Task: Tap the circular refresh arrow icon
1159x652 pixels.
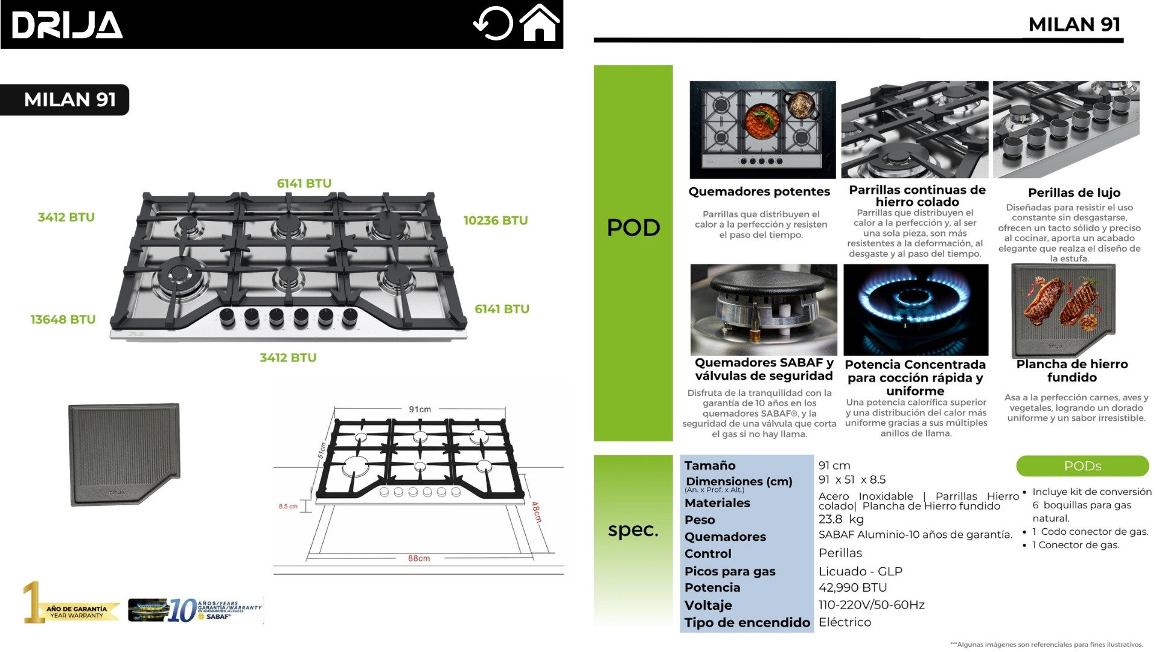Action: (x=493, y=24)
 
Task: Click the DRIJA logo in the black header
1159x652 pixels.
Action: (x=67, y=25)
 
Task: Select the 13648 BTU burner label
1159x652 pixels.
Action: (x=63, y=319)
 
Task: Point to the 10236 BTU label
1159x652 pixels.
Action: (x=495, y=220)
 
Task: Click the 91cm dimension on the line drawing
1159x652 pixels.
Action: (x=420, y=409)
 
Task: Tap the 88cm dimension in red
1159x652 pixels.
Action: (x=418, y=558)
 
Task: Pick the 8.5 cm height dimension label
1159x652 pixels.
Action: (x=288, y=507)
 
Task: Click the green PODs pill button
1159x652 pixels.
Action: (x=1082, y=466)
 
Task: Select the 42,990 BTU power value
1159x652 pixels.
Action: (x=852, y=587)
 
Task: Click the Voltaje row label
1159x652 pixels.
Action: (x=708, y=605)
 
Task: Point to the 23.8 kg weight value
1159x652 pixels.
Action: (x=841, y=519)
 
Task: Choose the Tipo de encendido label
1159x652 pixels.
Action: (x=747, y=622)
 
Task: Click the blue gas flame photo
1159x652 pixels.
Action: (x=915, y=310)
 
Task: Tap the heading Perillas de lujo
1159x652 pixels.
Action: (x=1074, y=193)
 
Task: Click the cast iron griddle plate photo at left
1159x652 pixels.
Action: (x=124, y=454)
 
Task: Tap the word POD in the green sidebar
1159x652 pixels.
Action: (x=633, y=228)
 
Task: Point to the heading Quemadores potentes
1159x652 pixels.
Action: (x=759, y=191)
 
